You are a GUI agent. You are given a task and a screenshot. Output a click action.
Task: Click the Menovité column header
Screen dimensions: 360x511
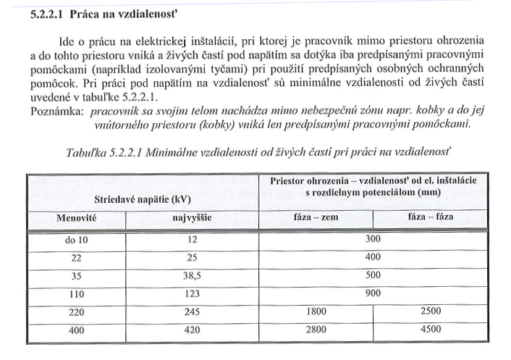[76, 217]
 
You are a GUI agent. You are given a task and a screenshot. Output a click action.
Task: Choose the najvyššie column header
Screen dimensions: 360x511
[192, 217]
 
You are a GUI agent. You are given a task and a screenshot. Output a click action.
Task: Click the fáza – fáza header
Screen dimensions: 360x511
[431, 217]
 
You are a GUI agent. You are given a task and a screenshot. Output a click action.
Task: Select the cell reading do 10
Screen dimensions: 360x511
[76, 240]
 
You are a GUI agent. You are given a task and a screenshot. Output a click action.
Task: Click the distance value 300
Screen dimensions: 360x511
[373, 240]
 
